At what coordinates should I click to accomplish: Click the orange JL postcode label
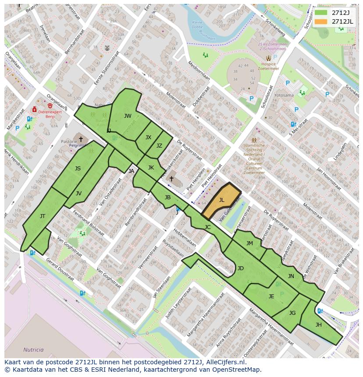click(221, 200)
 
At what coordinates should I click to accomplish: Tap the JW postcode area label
click(128, 116)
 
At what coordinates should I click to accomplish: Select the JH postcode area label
click(319, 324)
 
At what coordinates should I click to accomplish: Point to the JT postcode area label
click(43, 216)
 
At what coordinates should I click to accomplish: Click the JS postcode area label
click(78, 168)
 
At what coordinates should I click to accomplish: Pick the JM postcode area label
click(249, 243)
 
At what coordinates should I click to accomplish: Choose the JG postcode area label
click(292, 313)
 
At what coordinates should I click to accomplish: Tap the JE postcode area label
click(271, 296)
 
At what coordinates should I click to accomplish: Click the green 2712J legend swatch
click(321, 13)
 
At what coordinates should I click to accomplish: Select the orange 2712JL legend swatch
click(321, 21)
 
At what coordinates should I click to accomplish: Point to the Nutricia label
click(34, 350)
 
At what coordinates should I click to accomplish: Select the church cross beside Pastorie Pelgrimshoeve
click(81, 139)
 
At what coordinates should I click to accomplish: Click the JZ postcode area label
click(159, 146)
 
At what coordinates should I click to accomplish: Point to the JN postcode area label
click(291, 276)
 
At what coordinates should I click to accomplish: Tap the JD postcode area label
click(240, 268)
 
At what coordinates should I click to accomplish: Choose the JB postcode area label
click(167, 197)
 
